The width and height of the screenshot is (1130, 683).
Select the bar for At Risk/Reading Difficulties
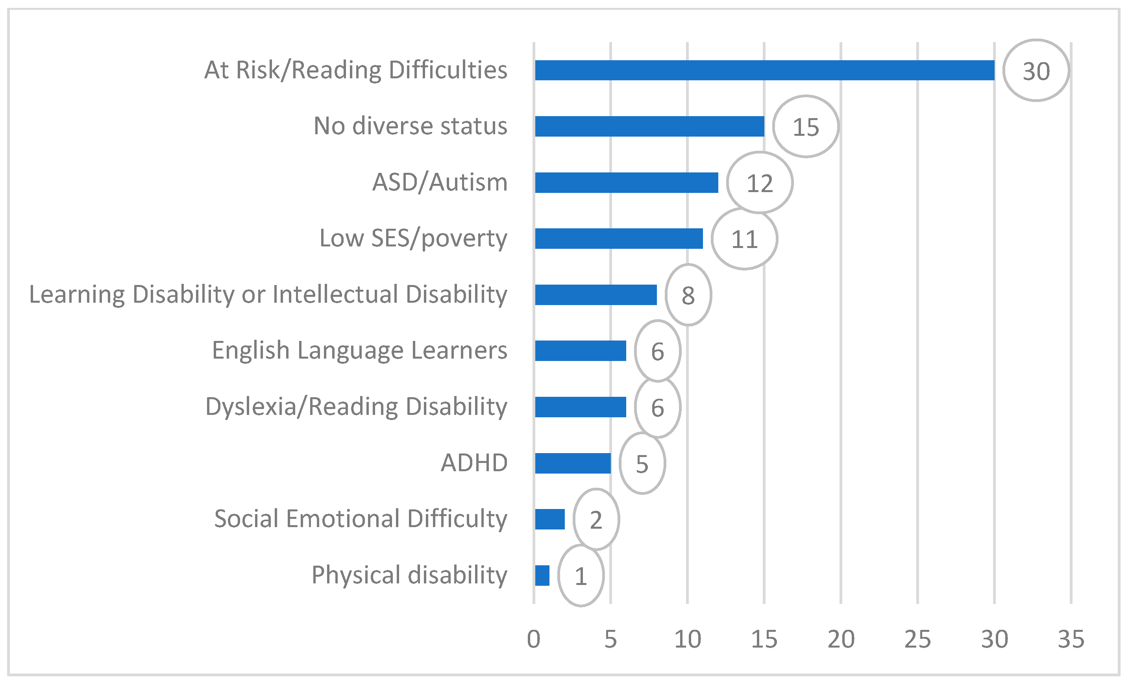click(764, 70)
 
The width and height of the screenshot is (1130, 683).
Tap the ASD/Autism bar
click(627, 183)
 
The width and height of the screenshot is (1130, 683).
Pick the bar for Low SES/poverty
click(619, 239)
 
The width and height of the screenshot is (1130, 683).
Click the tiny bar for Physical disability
click(542, 575)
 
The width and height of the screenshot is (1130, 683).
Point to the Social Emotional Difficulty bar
click(550, 519)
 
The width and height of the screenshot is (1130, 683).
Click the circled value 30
click(1036, 71)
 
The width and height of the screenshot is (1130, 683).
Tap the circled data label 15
click(806, 127)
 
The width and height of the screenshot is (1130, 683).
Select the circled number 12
click(760, 183)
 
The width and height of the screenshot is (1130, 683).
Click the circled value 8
click(688, 295)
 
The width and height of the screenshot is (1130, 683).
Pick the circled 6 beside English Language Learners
click(658, 352)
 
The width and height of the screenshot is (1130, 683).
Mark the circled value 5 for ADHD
click(642, 464)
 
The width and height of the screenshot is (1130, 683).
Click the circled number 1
click(581, 576)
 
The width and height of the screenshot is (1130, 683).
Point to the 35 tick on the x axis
click(1071, 639)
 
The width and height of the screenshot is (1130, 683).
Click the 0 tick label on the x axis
click(534, 639)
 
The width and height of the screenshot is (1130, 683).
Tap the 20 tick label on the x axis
click(841, 639)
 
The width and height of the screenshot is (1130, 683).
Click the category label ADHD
click(474, 463)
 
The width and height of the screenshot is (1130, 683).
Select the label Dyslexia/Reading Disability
click(356, 407)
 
